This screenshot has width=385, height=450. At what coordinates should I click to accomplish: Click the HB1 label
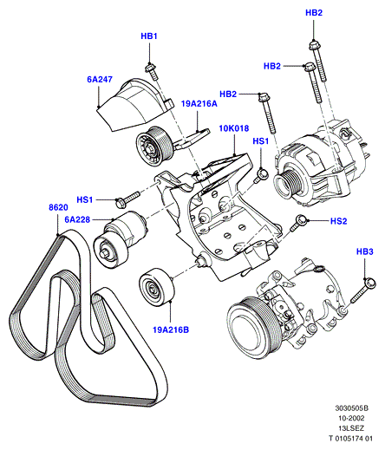(x=149, y=36)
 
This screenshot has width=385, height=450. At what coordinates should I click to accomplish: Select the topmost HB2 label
(x=314, y=13)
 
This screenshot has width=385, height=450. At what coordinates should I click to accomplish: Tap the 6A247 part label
(x=100, y=79)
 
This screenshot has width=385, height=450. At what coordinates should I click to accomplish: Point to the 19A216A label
(x=199, y=103)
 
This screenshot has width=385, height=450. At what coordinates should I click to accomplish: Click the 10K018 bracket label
(x=234, y=128)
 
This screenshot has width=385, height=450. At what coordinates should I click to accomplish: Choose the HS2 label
(x=338, y=221)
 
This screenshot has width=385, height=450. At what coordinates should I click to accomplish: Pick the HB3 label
(x=365, y=251)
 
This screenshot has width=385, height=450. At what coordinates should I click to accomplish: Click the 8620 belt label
(x=58, y=207)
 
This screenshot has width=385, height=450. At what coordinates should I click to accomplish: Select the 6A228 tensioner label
(x=77, y=219)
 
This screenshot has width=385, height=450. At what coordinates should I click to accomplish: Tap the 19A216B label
(x=171, y=329)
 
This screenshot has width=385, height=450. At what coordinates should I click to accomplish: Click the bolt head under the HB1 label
(x=150, y=68)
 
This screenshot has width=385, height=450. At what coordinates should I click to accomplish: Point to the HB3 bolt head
(x=369, y=283)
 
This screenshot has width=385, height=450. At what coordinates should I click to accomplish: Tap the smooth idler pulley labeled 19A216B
(x=156, y=287)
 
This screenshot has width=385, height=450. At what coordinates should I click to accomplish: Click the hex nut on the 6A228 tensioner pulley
(x=104, y=253)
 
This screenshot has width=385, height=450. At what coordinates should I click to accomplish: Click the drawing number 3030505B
(x=352, y=408)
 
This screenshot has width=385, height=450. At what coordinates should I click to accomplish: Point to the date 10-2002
(x=351, y=418)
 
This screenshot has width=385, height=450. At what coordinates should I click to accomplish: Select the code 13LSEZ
(x=351, y=428)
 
